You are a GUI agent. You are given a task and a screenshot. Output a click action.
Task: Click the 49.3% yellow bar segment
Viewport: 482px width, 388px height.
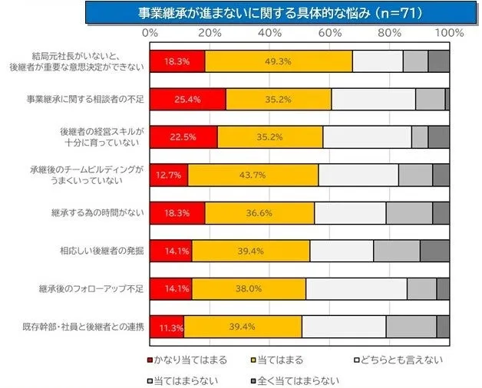pyautogui.click(x=278, y=61)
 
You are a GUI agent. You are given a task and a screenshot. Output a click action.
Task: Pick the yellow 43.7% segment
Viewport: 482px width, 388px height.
pyautogui.click(x=253, y=174)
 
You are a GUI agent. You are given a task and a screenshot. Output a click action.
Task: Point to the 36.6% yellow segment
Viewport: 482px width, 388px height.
pyautogui.click(x=259, y=212)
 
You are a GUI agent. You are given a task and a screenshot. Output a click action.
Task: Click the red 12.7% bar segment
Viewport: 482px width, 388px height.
pyautogui.click(x=169, y=174)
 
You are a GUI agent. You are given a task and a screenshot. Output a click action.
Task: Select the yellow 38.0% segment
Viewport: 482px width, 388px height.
pyautogui.click(x=249, y=288)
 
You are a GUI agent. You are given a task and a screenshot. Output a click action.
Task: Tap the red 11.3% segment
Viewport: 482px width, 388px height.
pyautogui.click(x=167, y=327)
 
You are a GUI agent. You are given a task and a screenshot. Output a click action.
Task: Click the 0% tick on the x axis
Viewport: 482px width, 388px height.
pyautogui.click(x=150, y=33)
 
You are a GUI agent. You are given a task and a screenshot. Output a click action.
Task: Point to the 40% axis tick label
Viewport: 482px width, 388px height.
pyautogui.click(x=269, y=33)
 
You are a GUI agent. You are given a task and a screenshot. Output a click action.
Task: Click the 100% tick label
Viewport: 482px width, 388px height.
pyautogui.click(x=449, y=33)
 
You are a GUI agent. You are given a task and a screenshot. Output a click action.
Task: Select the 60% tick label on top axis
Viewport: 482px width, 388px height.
pyautogui.click(x=329, y=33)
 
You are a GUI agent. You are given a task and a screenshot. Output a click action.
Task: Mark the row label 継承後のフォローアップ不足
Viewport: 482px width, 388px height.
pyautogui.click(x=91, y=288)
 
